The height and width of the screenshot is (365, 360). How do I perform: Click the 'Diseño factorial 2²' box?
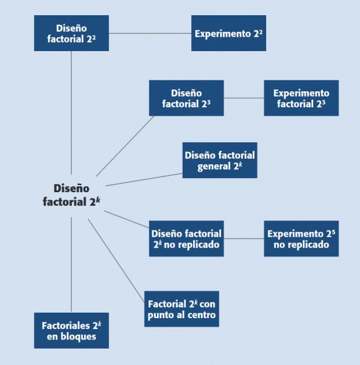click(x=71, y=33)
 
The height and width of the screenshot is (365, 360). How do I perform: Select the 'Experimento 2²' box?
click(x=228, y=33)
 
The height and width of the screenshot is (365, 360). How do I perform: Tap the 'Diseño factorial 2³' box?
click(x=186, y=98)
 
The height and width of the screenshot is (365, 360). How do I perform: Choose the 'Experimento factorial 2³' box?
click(x=302, y=98)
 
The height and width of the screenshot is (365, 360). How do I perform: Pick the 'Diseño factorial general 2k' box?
click(x=220, y=160)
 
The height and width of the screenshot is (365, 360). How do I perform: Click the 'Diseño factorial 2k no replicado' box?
click(x=186, y=238)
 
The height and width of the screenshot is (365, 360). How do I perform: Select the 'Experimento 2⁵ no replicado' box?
click(x=302, y=238)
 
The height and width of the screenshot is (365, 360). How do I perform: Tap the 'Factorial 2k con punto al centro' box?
click(x=182, y=309)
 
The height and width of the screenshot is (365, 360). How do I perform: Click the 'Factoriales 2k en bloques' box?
click(x=71, y=330)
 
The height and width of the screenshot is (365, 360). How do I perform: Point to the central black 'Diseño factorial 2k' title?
click(x=71, y=195)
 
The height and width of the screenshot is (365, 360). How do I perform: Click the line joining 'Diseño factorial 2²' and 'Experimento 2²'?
click(x=150, y=33)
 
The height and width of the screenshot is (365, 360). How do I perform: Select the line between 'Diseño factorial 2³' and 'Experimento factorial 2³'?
click(x=244, y=98)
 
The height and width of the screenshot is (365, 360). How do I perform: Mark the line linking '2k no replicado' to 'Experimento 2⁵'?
click(x=244, y=238)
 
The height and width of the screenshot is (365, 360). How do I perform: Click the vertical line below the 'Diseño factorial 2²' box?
click(x=71, y=113)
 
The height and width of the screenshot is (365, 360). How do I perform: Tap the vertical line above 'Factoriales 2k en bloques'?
click(x=71, y=265)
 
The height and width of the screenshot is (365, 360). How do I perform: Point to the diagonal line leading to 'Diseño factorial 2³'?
click(x=125, y=146)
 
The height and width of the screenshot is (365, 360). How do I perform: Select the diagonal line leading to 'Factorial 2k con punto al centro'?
click(x=116, y=260)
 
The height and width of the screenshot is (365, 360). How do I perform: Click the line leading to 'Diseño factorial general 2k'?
click(x=144, y=179)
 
